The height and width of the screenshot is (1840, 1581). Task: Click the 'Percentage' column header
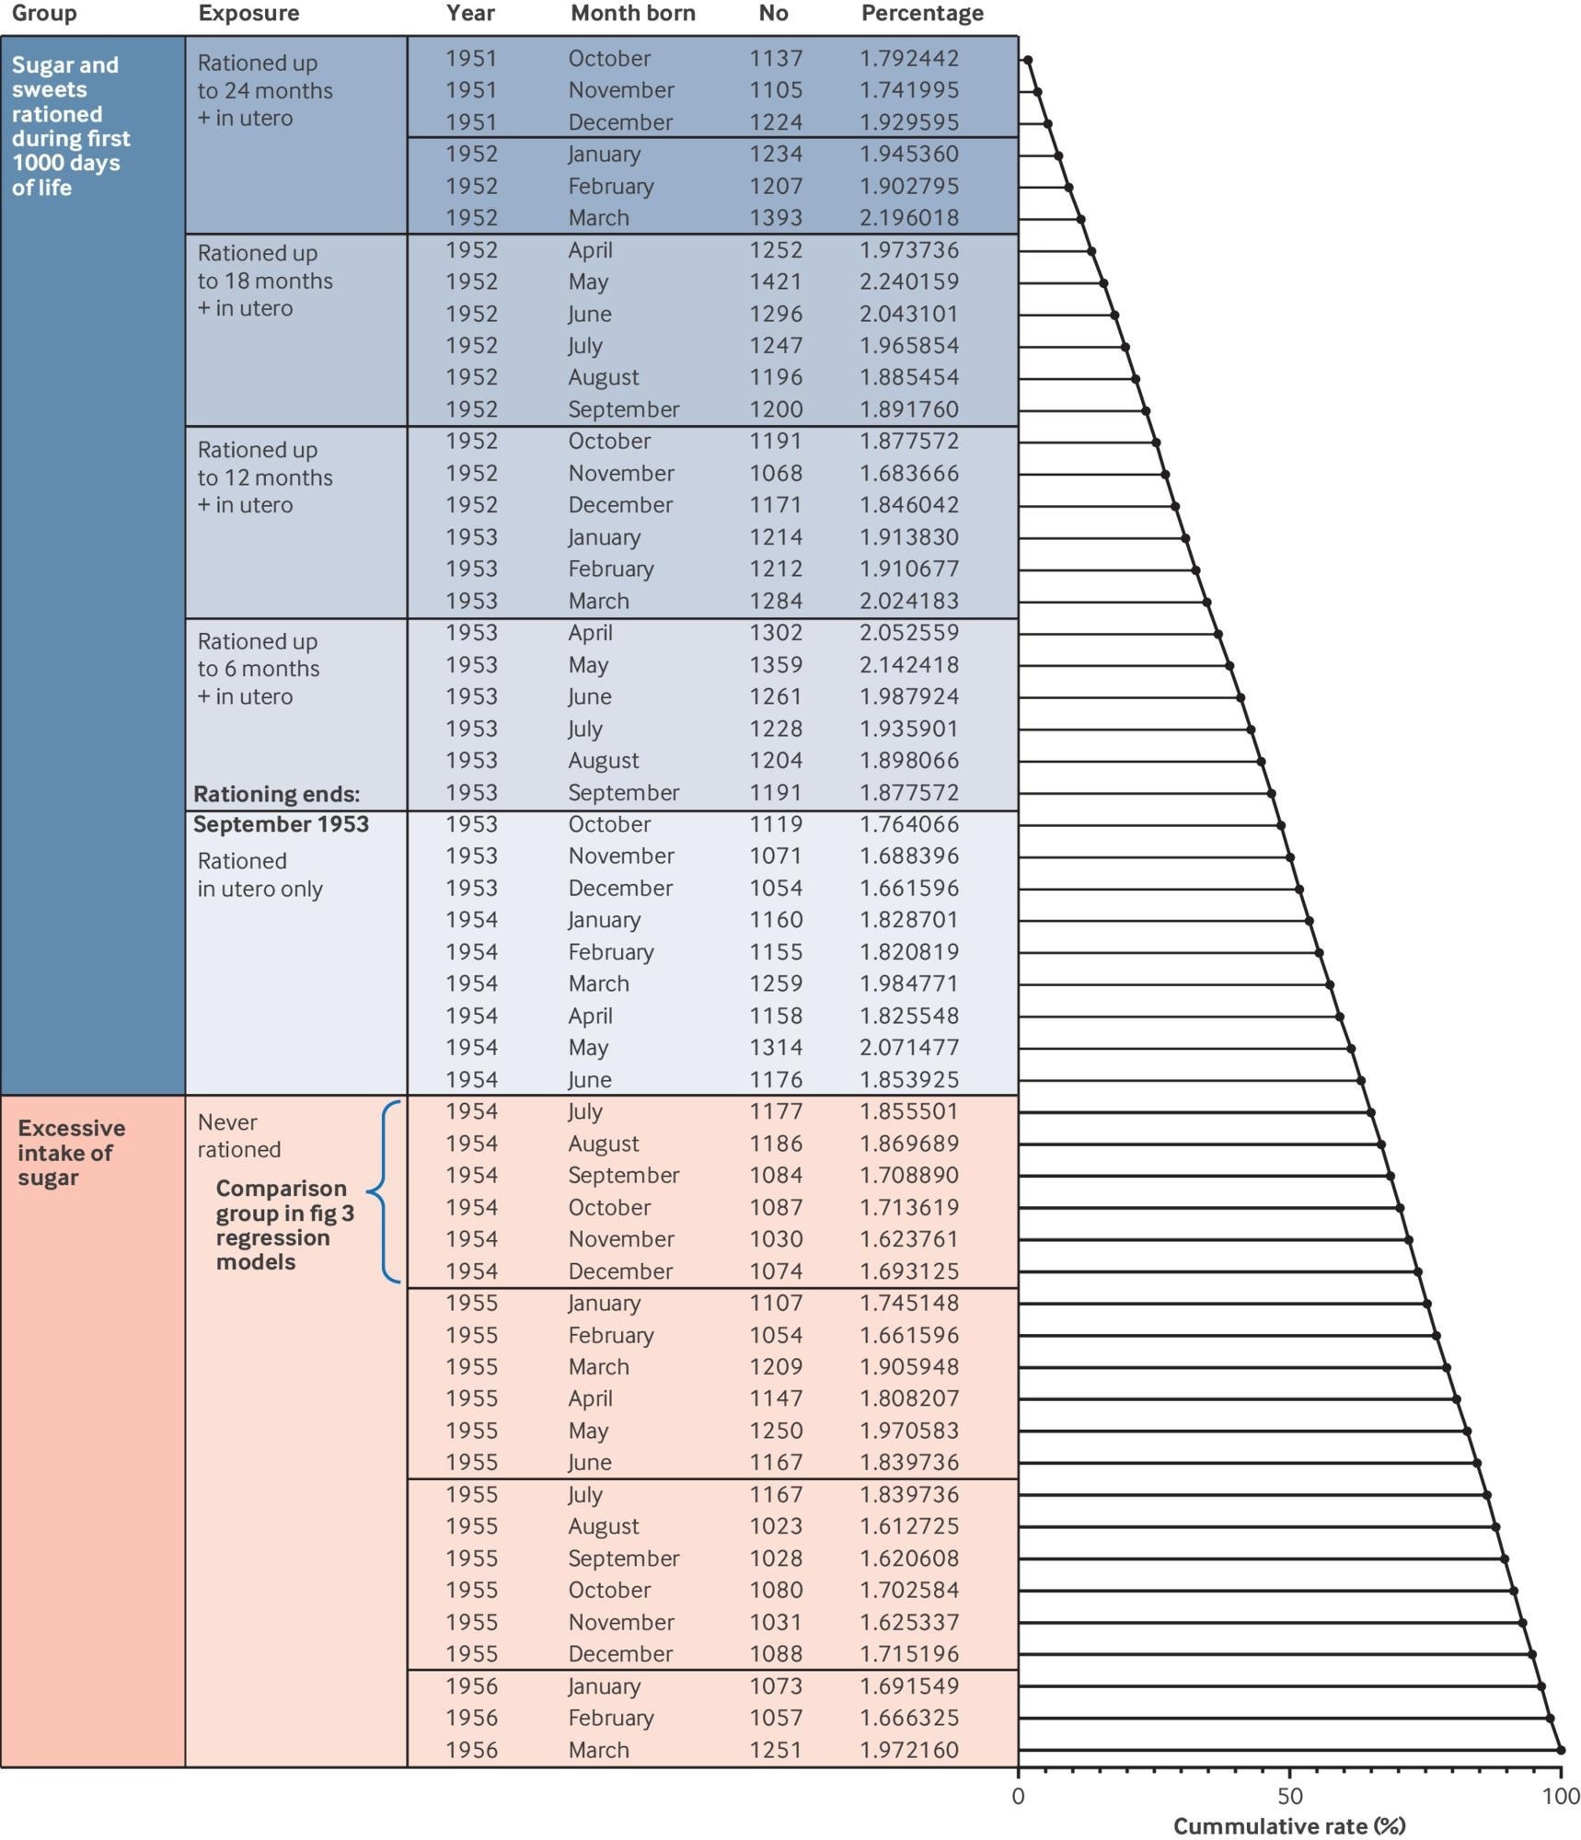click(x=921, y=14)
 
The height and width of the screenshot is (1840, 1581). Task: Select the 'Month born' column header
click(x=632, y=14)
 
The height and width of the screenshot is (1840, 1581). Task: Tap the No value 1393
click(x=775, y=218)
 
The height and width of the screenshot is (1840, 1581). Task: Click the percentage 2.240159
click(x=908, y=282)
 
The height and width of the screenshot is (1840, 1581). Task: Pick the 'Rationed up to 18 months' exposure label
click(x=264, y=281)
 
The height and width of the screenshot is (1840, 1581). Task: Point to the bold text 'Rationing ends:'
click(x=276, y=794)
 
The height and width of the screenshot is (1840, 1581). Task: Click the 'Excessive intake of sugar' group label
click(x=71, y=1153)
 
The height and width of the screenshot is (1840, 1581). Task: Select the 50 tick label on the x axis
click(x=1289, y=1796)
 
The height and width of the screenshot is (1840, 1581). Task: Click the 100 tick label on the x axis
click(x=1560, y=1796)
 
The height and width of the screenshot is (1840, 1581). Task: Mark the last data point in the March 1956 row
click(x=1560, y=1750)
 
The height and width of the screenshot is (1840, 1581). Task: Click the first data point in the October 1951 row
click(x=1028, y=60)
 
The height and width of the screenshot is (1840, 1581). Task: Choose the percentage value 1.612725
click(x=908, y=1526)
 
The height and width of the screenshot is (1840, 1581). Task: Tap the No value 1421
click(x=775, y=282)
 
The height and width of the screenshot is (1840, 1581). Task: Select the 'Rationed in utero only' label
click(x=260, y=875)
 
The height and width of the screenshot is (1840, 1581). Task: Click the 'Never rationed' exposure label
click(x=239, y=1135)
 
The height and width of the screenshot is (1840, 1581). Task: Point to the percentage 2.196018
click(x=908, y=218)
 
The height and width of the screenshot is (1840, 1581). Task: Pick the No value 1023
click(x=775, y=1526)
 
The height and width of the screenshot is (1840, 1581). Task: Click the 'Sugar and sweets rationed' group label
click(x=70, y=126)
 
